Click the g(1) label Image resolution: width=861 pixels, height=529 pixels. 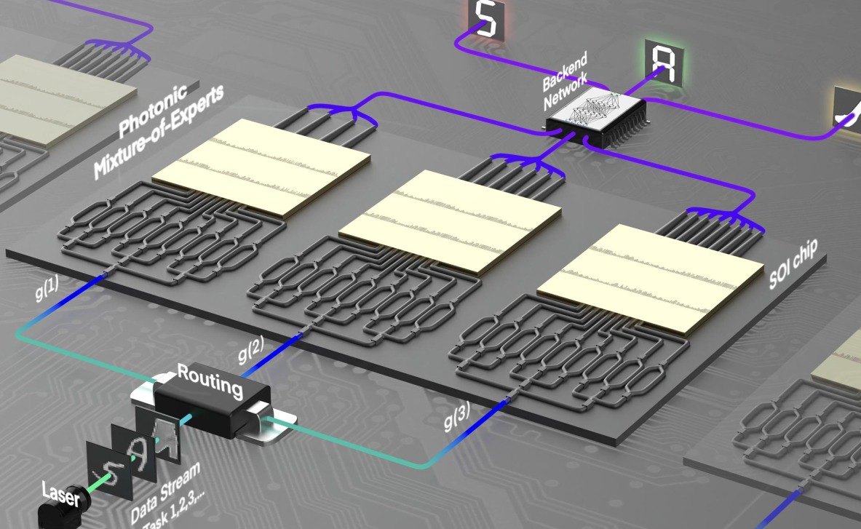click(47, 288)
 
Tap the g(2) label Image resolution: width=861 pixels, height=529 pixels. click(251, 349)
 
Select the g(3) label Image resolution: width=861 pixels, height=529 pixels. click(457, 416)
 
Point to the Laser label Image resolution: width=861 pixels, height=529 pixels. click(61, 494)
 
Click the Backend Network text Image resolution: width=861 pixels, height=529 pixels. click(566, 81)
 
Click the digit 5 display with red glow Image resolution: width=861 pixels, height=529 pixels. click(486, 20)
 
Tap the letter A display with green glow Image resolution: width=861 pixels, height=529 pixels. click(664, 63)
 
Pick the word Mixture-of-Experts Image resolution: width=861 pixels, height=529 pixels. click(159, 132)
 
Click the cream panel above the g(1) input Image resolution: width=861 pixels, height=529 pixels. click(261, 167)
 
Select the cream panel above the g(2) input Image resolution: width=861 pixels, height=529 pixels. click(451, 221)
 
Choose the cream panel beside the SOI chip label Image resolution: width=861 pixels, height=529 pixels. click(651, 277)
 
